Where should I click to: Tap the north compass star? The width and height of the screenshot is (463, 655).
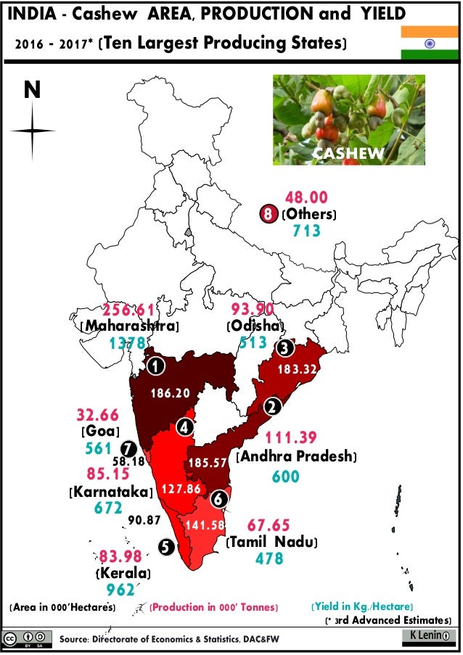point(33,131)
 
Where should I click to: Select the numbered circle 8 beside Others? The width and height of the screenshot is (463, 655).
point(269,214)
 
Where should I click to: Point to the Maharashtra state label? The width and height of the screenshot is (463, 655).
point(128,326)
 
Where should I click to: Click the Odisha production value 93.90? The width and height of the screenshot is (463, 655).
point(254,308)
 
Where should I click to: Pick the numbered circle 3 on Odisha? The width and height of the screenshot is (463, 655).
point(285,348)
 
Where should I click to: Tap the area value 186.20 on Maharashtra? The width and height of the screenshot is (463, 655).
point(170,393)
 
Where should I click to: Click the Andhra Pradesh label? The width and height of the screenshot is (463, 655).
point(297,457)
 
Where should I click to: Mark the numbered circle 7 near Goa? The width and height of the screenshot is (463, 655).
point(128,448)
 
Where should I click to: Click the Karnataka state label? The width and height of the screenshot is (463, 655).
point(110,493)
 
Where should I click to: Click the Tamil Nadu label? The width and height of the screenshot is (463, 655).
point(272,542)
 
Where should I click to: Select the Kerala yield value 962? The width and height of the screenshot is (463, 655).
point(121,590)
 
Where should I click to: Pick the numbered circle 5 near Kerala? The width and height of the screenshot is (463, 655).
point(165,548)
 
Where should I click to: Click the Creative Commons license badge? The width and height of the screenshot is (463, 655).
point(28,639)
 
